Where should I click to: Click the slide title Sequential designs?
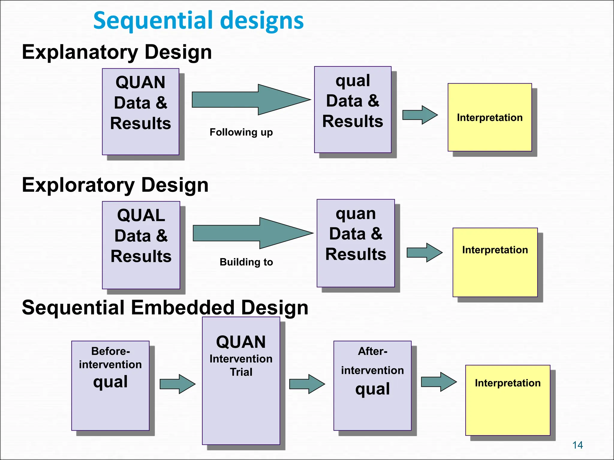(x=198, y=20)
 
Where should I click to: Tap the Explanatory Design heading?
(x=117, y=52)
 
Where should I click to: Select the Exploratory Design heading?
(x=115, y=185)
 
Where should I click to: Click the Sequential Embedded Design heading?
(x=165, y=308)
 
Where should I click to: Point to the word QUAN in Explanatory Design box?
(x=140, y=82)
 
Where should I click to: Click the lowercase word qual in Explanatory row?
(x=353, y=81)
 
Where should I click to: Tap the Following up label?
(x=241, y=132)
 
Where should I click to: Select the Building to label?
(x=246, y=262)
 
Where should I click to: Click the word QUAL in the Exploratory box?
(x=141, y=215)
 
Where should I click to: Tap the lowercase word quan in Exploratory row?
(x=356, y=214)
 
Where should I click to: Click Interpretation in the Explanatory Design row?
(x=490, y=118)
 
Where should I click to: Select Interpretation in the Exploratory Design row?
(x=495, y=250)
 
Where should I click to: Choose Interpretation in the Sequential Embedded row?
(x=508, y=383)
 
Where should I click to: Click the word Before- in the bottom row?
(x=110, y=351)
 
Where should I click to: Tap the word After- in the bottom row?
(x=372, y=351)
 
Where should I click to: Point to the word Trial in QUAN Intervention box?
(x=241, y=372)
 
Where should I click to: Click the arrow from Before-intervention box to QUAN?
(x=177, y=384)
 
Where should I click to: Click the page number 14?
(x=577, y=445)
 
